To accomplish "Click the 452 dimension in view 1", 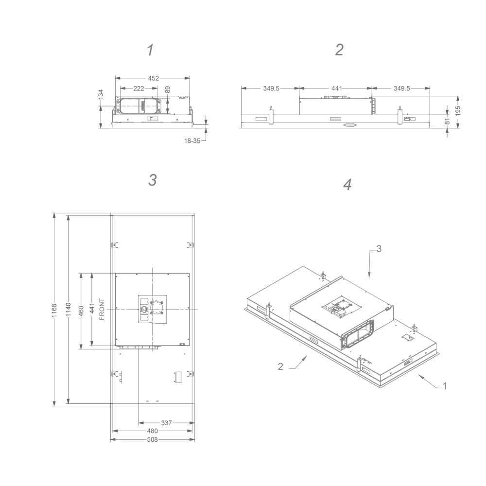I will [153, 78].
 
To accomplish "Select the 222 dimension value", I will [139, 88].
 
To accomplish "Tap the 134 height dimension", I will [101, 94].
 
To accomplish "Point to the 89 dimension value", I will [168, 90].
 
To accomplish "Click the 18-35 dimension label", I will [192, 140].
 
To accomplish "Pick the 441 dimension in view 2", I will [336, 88].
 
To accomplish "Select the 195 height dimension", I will [458, 110].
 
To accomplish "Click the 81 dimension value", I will [448, 121].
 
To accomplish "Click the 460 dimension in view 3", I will [81, 310].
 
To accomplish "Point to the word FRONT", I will [102, 309].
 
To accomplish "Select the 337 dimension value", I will [167, 423].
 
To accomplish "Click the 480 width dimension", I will [153, 431].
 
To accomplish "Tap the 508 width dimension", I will [153, 439].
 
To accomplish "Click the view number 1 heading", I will [151, 50].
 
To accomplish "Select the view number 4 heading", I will [347, 185].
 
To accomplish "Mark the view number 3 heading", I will [152, 180].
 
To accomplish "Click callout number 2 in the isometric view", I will [280, 366].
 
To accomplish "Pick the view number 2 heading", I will [339, 50].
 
